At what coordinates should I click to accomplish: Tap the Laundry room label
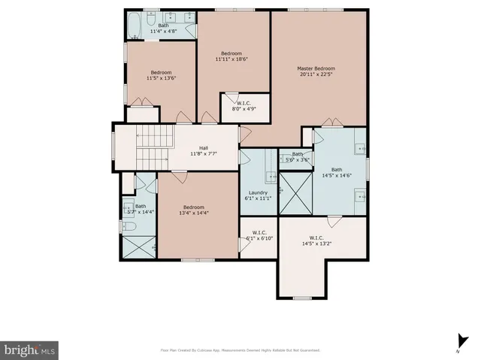258,197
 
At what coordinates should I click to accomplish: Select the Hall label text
203,151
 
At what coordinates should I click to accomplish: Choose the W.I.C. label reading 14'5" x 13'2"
316,241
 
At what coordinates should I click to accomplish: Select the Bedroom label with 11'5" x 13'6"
160,75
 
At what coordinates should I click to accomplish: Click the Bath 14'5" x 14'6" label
336,173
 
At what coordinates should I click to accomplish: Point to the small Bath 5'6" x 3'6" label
297,156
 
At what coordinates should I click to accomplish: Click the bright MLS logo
29,350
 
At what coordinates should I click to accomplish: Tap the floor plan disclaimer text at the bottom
240,350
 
